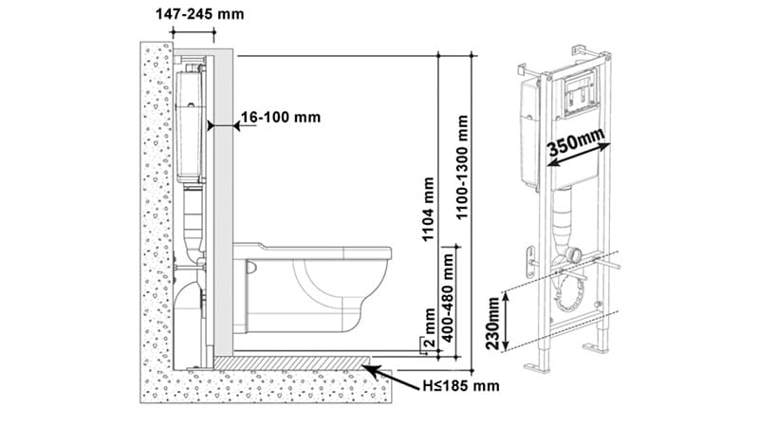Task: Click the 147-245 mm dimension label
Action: coord(199,14)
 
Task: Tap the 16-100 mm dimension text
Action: coord(281,117)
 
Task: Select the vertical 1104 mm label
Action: coord(429,209)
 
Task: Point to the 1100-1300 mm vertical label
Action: coord(463,167)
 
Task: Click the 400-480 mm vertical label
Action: coord(448,297)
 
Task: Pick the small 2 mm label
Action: coord(430,327)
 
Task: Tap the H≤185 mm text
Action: coord(461,386)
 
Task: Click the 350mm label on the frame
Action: coord(576,141)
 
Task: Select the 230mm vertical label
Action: coord(492,323)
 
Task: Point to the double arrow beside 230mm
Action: coord(506,321)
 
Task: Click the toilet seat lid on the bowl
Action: coord(312,251)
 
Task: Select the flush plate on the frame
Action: coord(580,92)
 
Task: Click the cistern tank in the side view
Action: coord(189,127)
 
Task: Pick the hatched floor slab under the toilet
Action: coord(292,363)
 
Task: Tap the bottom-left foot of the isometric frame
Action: coord(537,367)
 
